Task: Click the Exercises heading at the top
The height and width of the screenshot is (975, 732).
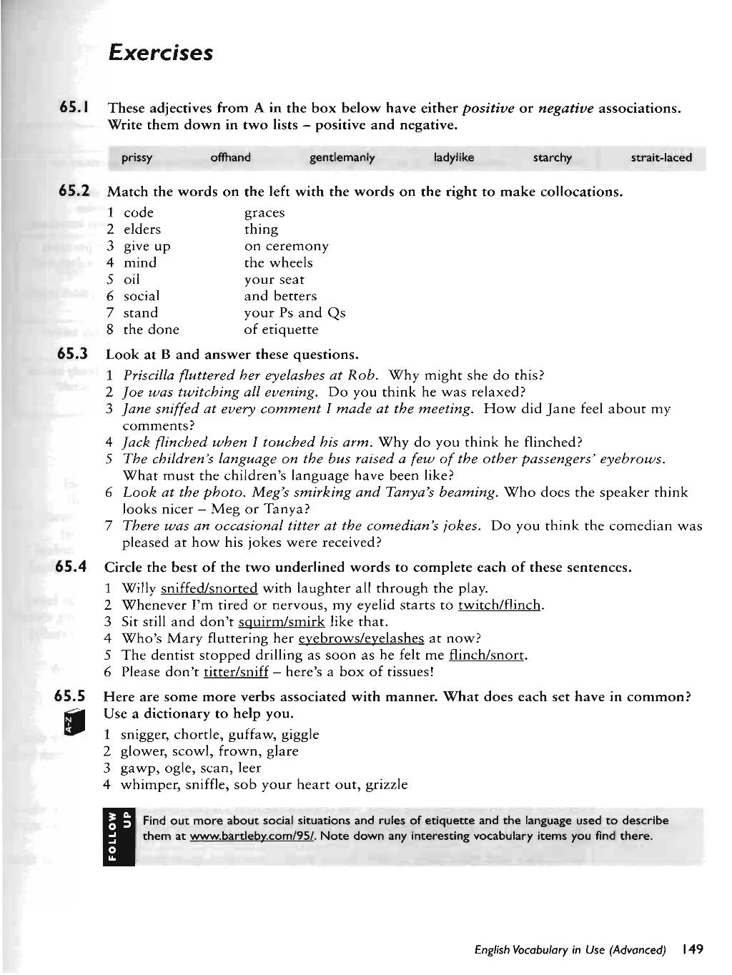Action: (159, 52)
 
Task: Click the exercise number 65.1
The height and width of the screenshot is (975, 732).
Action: (74, 108)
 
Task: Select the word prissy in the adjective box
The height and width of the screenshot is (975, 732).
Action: (137, 158)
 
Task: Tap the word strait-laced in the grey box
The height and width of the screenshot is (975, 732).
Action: (661, 157)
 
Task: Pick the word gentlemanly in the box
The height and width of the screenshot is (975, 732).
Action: (342, 158)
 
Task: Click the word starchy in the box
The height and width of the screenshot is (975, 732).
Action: (552, 158)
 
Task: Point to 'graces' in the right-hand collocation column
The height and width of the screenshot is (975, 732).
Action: (264, 213)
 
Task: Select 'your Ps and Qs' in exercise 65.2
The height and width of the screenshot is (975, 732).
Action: (295, 313)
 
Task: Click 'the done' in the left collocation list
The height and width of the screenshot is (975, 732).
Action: (151, 330)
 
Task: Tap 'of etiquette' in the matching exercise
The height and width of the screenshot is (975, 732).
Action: (281, 330)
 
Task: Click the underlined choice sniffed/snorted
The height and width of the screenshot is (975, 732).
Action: (209, 589)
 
